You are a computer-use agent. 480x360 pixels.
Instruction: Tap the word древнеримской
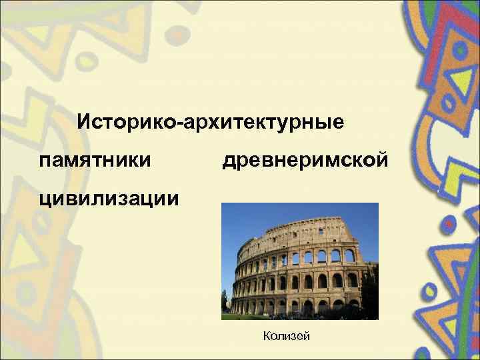click(x=304, y=161)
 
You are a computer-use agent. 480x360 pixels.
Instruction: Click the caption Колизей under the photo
click(x=287, y=336)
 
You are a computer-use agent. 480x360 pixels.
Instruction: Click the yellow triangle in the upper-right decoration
click(x=459, y=81)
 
